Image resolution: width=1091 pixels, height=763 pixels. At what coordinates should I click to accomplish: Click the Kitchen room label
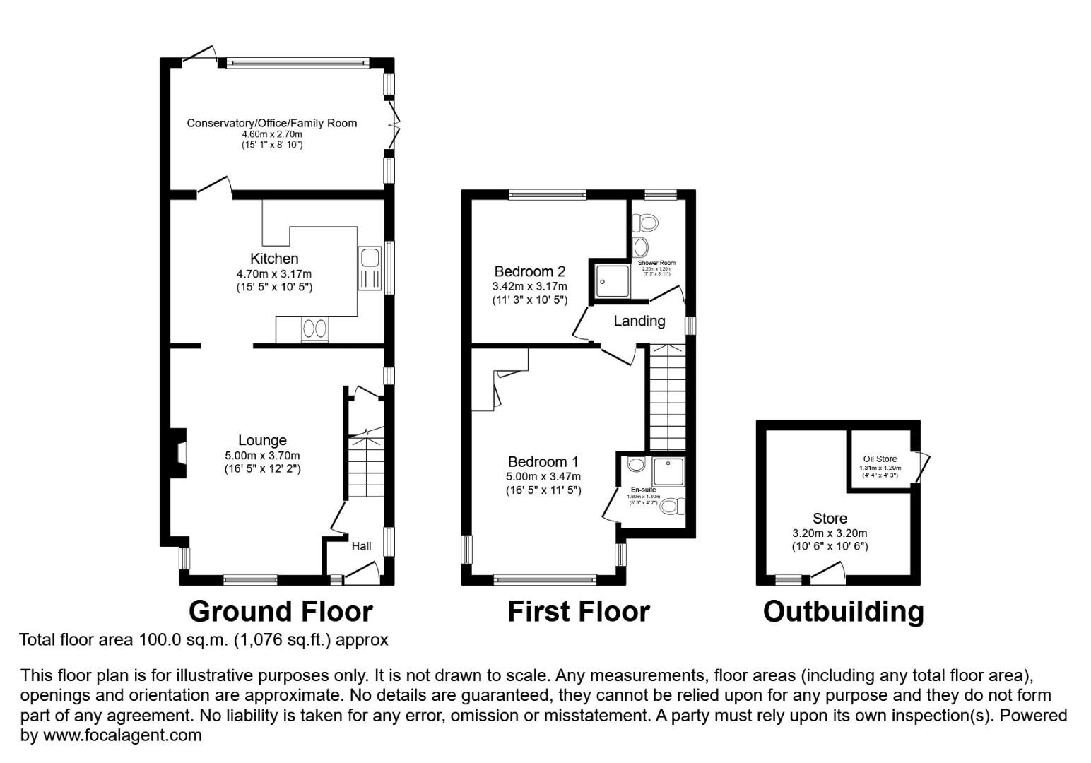click(274, 259)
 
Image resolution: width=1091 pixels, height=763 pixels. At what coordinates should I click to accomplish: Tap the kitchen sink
click(370, 268)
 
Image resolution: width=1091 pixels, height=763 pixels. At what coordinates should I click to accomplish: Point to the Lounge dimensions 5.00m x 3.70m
click(262, 456)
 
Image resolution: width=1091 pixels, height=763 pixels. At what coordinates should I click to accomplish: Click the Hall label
click(361, 546)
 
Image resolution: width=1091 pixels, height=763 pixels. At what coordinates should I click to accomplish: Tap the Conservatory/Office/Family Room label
click(271, 123)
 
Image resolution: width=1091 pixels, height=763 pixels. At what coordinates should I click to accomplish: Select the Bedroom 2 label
click(529, 271)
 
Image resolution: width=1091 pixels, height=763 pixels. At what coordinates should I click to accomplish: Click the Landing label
click(639, 321)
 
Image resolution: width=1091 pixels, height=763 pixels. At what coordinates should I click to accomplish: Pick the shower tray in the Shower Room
click(609, 280)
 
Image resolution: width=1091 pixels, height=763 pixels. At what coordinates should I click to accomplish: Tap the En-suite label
click(643, 490)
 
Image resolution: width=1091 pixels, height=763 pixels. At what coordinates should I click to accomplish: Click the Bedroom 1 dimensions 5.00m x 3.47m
click(543, 477)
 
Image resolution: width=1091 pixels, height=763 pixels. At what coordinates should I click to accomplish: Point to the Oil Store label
click(880, 459)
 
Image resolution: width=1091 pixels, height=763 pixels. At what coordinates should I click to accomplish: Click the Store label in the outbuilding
click(830, 519)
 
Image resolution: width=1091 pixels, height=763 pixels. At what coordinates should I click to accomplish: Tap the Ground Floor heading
click(281, 611)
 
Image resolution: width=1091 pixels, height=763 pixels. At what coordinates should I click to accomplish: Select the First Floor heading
click(578, 611)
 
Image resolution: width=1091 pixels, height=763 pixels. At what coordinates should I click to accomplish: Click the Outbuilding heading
click(843, 611)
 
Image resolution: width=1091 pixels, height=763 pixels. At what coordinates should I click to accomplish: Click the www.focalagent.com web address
click(122, 735)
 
